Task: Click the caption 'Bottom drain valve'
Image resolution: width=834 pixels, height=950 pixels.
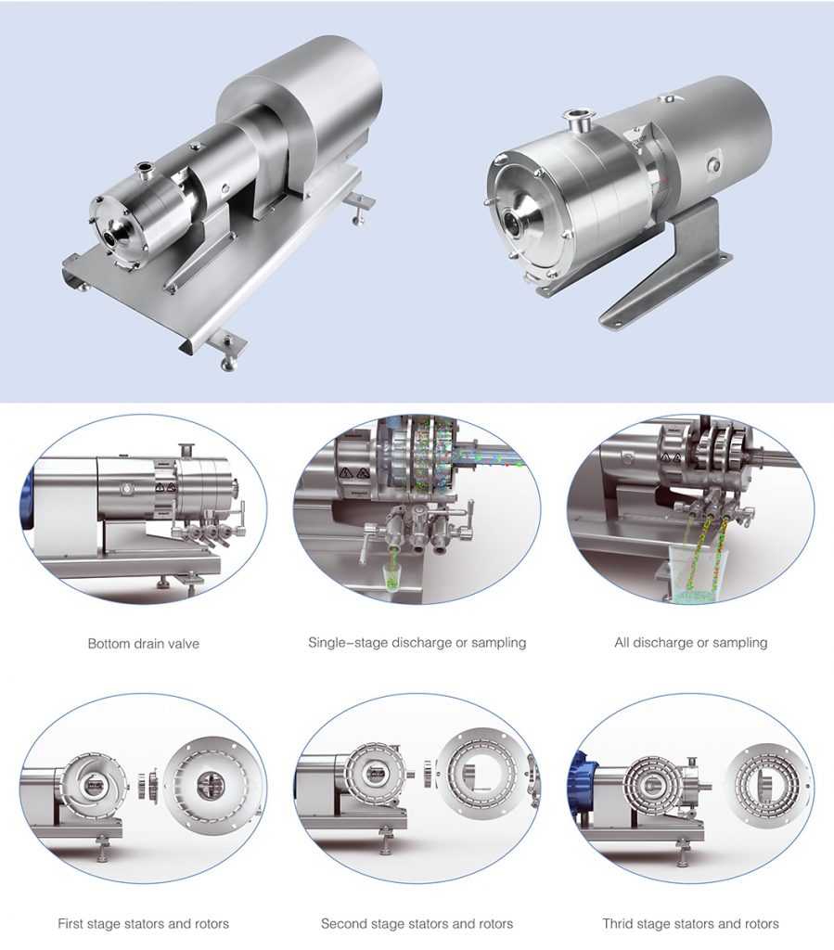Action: point(143,643)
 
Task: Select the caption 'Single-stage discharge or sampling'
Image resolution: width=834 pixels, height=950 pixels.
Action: point(417,642)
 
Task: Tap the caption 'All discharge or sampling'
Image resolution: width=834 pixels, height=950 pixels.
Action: point(690,642)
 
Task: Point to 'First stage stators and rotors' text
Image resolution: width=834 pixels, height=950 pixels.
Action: point(143,923)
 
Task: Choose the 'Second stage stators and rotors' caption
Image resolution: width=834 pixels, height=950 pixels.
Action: point(417,923)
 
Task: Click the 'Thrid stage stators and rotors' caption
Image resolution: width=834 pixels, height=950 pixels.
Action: point(690,923)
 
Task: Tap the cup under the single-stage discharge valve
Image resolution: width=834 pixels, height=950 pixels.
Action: point(391,580)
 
